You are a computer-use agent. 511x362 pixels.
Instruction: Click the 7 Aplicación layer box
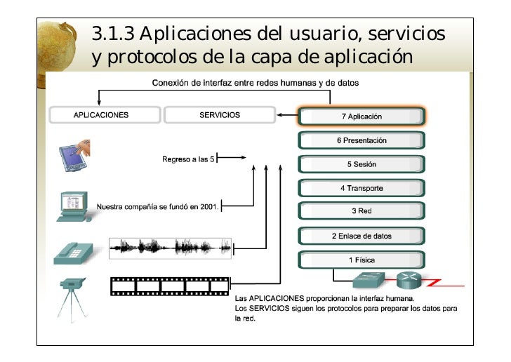click(x=361, y=116)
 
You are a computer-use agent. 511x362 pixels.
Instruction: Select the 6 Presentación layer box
click(x=361, y=140)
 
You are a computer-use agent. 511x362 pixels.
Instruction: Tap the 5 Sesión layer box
click(x=361, y=164)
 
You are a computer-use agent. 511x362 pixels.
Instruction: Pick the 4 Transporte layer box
click(x=361, y=188)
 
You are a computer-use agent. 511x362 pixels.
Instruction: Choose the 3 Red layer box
click(x=361, y=211)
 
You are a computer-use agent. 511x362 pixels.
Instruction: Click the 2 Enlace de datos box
click(x=361, y=236)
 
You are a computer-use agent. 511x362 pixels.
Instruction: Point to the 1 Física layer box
click(x=361, y=260)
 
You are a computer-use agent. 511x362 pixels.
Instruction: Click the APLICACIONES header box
click(x=102, y=115)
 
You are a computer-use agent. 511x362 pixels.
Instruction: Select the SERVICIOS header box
click(x=219, y=115)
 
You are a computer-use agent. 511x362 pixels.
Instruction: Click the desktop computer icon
click(x=72, y=206)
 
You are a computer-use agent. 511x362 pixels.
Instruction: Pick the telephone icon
click(x=73, y=250)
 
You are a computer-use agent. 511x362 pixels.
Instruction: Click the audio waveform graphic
click(x=171, y=248)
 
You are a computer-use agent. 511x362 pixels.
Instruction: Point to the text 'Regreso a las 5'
click(x=187, y=159)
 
